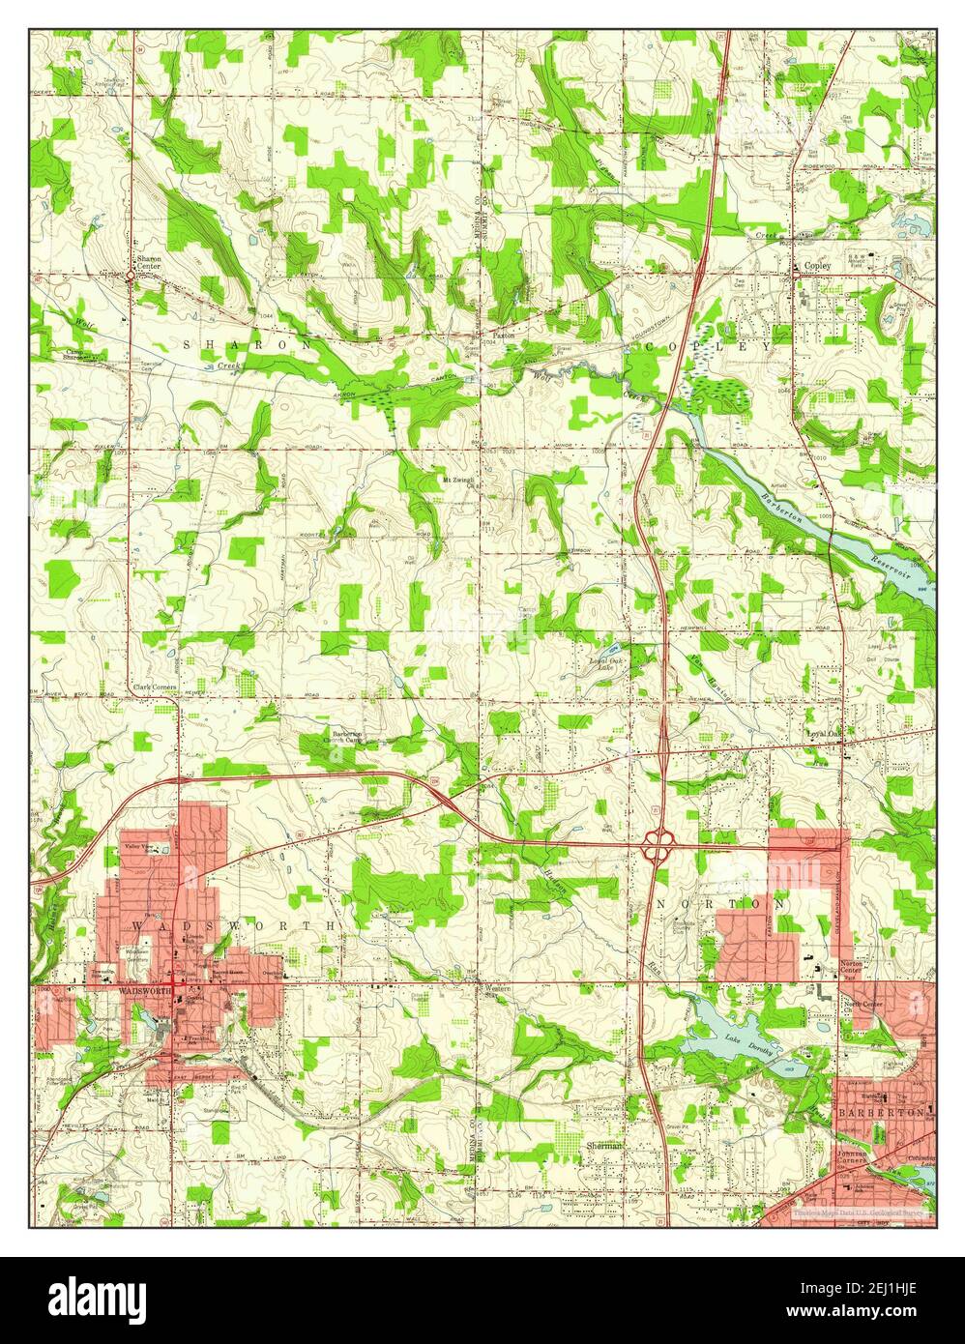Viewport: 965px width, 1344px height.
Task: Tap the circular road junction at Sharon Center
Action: [x=131, y=277]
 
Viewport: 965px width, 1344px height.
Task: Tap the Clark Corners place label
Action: [x=154, y=687]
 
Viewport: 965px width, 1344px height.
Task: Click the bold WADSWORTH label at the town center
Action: [x=144, y=992]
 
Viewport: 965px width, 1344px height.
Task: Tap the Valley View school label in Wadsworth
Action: [x=140, y=850]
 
